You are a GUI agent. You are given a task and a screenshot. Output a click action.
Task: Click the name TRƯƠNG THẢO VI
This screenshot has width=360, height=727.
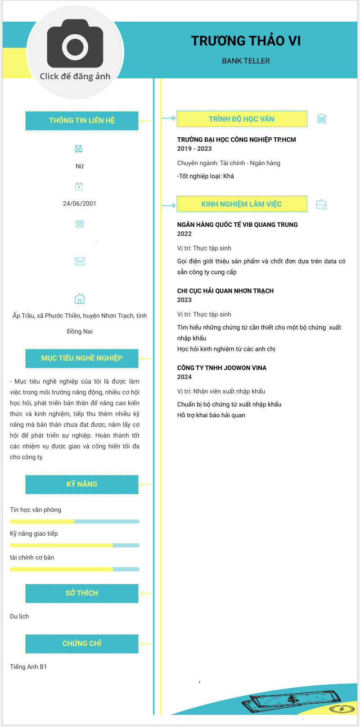tap(246, 41)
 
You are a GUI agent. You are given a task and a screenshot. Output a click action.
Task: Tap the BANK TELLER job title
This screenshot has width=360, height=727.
tap(246, 61)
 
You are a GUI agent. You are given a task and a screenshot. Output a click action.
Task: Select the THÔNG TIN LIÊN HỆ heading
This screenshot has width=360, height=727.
tap(82, 121)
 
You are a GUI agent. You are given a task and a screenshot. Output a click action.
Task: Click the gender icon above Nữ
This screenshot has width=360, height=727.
tap(79, 149)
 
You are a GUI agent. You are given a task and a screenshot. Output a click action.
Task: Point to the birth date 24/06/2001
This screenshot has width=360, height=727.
tap(80, 203)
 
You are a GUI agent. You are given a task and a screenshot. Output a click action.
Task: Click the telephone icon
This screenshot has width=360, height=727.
tap(80, 224)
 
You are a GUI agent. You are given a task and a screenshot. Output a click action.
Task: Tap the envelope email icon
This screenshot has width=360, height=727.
tap(80, 261)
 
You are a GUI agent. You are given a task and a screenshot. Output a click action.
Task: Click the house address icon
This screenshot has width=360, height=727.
tap(80, 299)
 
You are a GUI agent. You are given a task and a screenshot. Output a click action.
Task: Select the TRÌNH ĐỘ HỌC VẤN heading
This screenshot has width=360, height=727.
tap(242, 119)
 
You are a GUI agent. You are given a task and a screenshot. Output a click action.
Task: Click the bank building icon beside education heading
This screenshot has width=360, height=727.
tap(321, 119)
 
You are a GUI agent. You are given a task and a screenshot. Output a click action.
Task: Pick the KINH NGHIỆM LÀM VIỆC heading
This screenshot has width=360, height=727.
tap(242, 204)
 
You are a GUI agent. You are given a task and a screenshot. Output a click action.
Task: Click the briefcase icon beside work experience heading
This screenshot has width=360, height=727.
tap(321, 204)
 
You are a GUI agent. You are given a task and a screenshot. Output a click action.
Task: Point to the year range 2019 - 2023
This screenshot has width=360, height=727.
tap(194, 149)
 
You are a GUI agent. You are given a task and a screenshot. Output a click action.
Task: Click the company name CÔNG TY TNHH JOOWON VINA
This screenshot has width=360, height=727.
tap(222, 368)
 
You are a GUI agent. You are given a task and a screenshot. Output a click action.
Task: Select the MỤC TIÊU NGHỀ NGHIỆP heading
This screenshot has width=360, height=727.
tap(82, 358)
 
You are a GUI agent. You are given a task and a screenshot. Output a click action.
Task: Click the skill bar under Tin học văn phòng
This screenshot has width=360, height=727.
tap(75, 522)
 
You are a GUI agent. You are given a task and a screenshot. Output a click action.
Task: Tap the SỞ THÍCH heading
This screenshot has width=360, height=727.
tap(82, 593)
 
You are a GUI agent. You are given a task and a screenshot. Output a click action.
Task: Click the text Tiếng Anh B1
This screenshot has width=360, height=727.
tap(28, 667)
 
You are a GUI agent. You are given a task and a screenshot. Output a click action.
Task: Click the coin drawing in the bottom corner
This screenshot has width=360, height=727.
tap(342, 709)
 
